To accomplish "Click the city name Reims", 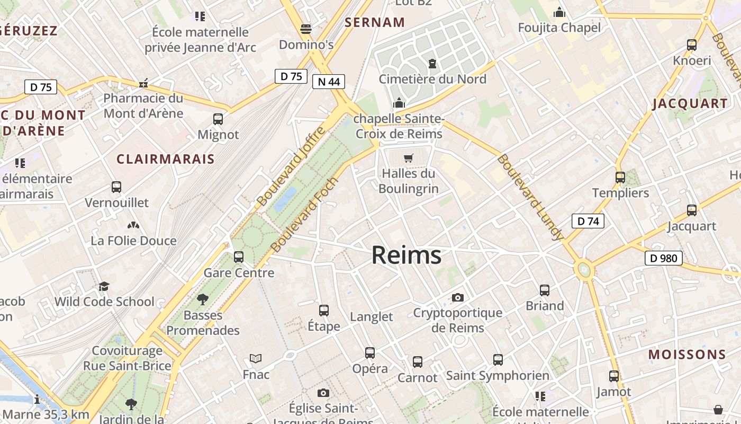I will pyautogui.click(x=406, y=255).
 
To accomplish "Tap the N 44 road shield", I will pyautogui.click(x=328, y=82).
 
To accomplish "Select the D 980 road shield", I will pyautogui.click(x=663, y=259).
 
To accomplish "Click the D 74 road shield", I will pyautogui.click(x=588, y=221).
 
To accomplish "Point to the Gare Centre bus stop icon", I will pyautogui.click(x=239, y=257).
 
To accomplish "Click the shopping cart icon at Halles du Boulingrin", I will pyautogui.click(x=408, y=158).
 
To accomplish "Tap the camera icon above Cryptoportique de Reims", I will pyautogui.click(x=458, y=297).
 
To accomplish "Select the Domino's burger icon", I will pyautogui.click(x=306, y=29).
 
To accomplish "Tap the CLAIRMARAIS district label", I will pyautogui.click(x=166, y=159).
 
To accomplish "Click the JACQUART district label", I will pyautogui.click(x=690, y=103).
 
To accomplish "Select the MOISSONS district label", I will pyautogui.click(x=687, y=355).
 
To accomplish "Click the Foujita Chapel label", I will pyautogui.click(x=559, y=28).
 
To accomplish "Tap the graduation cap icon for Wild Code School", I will pyautogui.click(x=104, y=286).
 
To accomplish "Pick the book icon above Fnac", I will pyautogui.click(x=256, y=359).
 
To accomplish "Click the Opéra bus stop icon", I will pyautogui.click(x=370, y=352).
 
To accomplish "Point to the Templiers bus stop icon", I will pyautogui.click(x=620, y=178).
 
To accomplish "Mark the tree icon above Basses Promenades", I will pyautogui.click(x=202, y=299).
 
